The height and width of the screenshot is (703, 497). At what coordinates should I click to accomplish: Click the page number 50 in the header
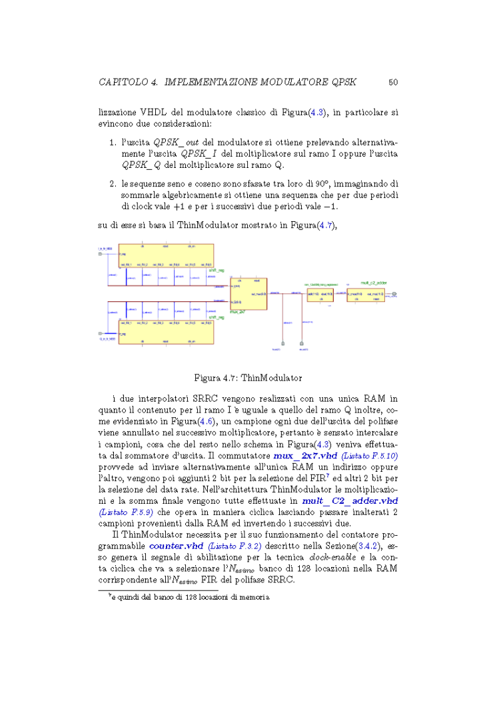tap(393, 83)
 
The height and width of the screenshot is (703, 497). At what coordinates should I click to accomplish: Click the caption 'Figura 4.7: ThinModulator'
tap(248, 377)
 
